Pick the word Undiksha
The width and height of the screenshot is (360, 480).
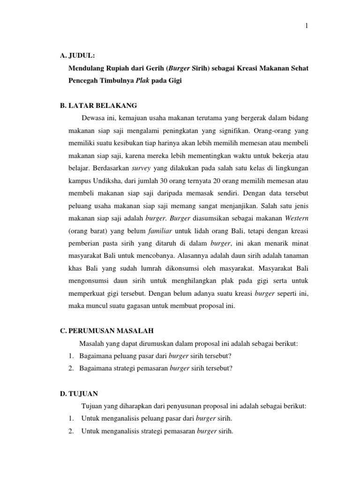(106, 180)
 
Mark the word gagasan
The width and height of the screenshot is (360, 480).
(138, 307)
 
